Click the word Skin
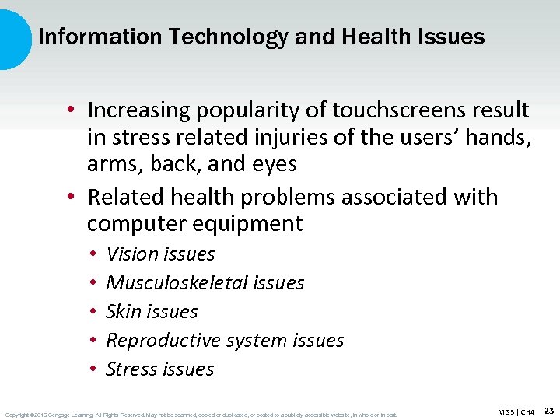click(x=123, y=311)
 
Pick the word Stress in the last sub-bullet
click(x=131, y=369)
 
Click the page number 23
click(x=549, y=410)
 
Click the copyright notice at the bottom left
click(x=200, y=414)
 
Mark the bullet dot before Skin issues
click(x=92, y=312)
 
